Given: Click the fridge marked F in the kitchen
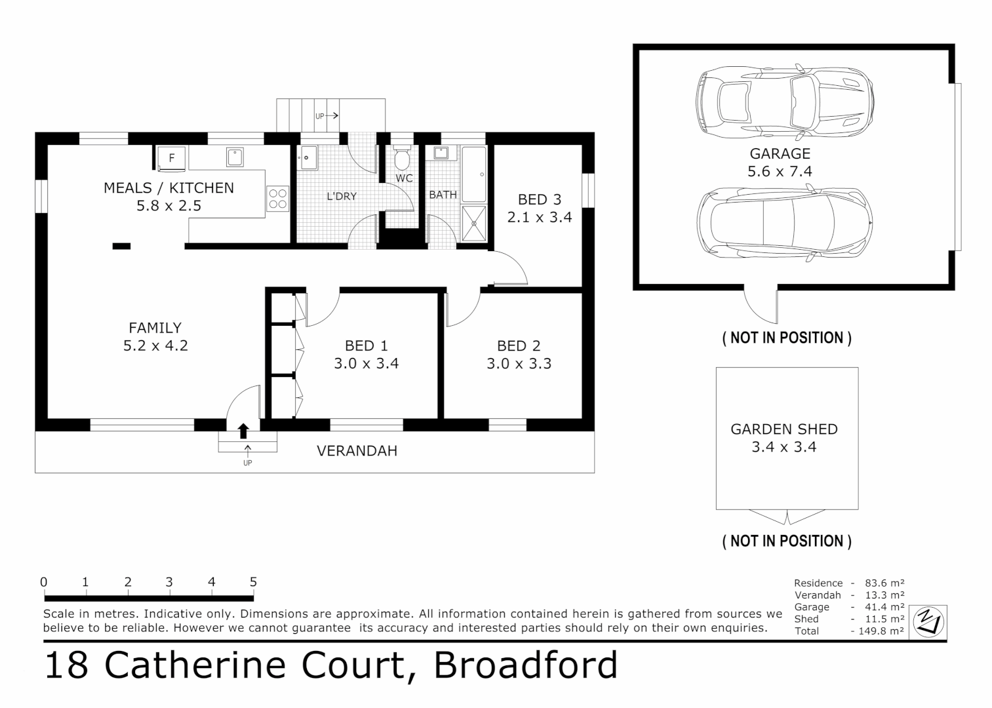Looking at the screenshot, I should pyautogui.click(x=172, y=158).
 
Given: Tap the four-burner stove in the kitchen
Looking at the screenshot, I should pyautogui.click(x=277, y=199).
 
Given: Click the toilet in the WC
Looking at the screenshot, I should pyautogui.click(x=403, y=158).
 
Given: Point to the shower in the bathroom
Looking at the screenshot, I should pyautogui.click(x=474, y=224).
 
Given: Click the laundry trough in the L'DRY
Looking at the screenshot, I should pyautogui.click(x=307, y=158).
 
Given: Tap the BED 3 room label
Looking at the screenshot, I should pyautogui.click(x=539, y=199).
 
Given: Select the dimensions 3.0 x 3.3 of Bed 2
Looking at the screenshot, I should pyautogui.click(x=519, y=364).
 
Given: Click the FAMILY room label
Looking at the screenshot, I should pyautogui.click(x=155, y=328).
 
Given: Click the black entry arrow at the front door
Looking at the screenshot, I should pyautogui.click(x=243, y=431).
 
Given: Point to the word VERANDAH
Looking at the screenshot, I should pyautogui.click(x=357, y=451).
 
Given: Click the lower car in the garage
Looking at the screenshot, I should pyautogui.click(x=784, y=222).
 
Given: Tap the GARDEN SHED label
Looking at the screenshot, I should pyautogui.click(x=784, y=429).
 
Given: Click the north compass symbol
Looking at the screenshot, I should pyautogui.click(x=928, y=620).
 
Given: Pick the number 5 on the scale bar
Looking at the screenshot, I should pyautogui.click(x=253, y=582).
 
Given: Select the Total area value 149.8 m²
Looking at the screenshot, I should pyautogui.click(x=880, y=631).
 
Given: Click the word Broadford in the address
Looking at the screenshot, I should pyautogui.click(x=525, y=665).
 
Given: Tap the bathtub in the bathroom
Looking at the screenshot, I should pyautogui.click(x=473, y=174).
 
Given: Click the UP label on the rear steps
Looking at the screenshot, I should pyautogui.click(x=319, y=116).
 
